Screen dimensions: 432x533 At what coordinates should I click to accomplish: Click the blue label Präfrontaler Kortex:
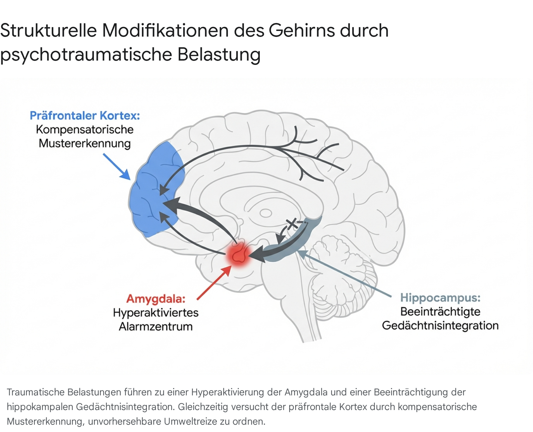tap(85, 115)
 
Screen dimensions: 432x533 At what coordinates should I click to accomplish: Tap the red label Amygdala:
tap(156, 299)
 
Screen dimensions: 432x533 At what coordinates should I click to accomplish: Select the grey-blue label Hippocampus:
tap(440, 298)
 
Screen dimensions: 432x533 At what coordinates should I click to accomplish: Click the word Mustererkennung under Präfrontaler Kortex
tap(85, 143)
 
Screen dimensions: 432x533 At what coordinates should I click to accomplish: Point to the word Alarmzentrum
tap(156, 326)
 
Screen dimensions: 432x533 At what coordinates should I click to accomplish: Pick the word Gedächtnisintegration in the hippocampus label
tap(440, 325)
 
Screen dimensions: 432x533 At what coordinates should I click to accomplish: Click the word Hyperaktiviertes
tap(156, 313)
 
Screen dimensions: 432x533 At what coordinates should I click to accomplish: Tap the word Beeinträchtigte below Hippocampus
tap(440, 312)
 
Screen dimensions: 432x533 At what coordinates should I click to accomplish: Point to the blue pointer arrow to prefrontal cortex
tap(117, 166)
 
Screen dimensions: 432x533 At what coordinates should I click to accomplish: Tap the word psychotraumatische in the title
tap(86, 55)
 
